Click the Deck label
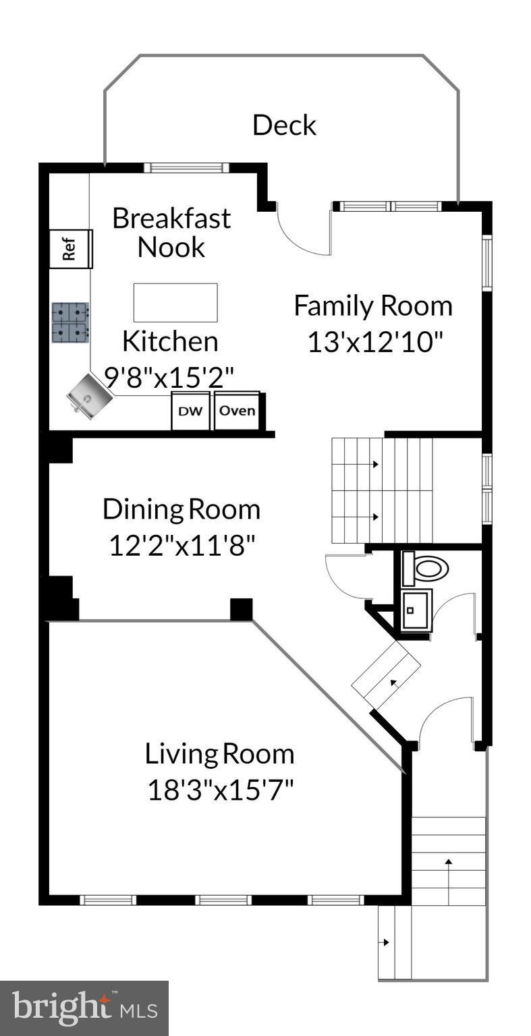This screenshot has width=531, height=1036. click(x=284, y=125)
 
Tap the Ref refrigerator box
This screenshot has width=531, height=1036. click(x=70, y=249)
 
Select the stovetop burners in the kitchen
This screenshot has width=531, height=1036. click(x=70, y=322)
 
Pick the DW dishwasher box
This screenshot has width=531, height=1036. click(x=190, y=411)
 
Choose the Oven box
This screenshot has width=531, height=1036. click(x=237, y=410)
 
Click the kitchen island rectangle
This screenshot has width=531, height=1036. click(x=175, y=303)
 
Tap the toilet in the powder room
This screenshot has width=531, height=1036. click(x=426, y=568)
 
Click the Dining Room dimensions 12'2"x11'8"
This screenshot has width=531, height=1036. click(x=181, y=545)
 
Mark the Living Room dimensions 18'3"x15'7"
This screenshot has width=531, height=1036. click(x=221, y=790)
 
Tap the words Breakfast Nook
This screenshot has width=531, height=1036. click(x=171, y=233)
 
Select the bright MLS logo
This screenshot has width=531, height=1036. click(x=84, y=1008)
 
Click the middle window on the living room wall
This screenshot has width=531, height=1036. click(x=223, y=900)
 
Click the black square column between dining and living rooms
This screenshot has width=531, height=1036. click(x=241, y=609)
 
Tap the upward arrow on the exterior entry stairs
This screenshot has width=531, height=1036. click(x=448, y=871)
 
